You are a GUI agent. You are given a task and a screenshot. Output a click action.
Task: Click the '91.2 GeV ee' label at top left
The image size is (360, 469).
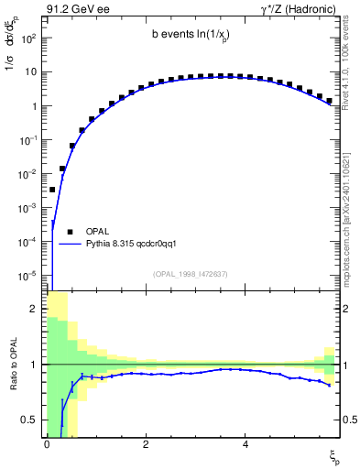(x=74, y=8)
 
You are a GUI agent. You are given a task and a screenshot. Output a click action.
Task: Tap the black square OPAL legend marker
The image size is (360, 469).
(x=70, y=232)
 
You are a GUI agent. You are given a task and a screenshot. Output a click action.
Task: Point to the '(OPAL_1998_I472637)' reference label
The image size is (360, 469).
(x=191, y=274)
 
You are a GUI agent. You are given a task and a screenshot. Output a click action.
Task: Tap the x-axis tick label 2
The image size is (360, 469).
(x=146, y=442)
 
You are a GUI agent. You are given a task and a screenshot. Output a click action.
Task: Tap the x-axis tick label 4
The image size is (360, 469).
(x=245, y=442)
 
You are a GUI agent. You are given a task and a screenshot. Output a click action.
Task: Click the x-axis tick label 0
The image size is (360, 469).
(x=46, y=442)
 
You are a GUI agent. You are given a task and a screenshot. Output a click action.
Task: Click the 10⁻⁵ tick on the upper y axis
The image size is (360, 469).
(x=28, y=275)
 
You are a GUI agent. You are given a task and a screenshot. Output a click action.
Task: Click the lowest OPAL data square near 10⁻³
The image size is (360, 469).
(x=52, y=190)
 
